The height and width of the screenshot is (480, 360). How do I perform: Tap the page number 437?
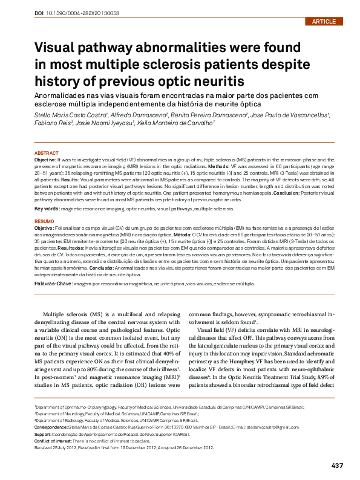pyautogui.click(x=337, y=465)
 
